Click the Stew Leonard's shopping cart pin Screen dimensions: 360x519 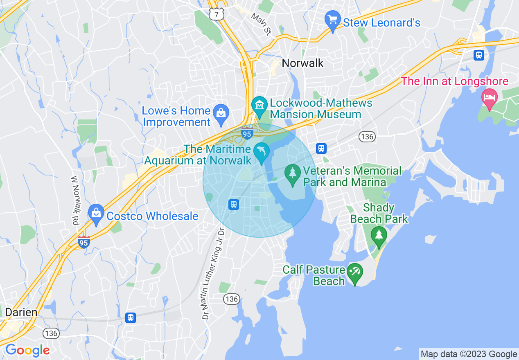click(332, 19)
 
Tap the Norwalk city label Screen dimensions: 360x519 click(302, 63)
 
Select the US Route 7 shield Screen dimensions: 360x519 click(216, 14)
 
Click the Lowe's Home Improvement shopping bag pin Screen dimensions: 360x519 click(221, 112)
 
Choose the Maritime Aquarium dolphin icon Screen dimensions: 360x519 click(261, 152)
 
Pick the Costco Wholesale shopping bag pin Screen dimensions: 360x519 click(96, 213)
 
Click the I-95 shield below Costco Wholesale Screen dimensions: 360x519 click(84, 241)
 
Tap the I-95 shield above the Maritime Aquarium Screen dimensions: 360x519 click(247, 133)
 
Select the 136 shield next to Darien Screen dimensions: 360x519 click(51, 333)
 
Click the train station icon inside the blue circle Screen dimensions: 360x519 click(233, 204)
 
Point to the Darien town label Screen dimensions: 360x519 click(21, 313)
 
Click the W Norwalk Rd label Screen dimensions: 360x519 click(75, 200)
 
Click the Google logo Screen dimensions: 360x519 click(27, 350)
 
